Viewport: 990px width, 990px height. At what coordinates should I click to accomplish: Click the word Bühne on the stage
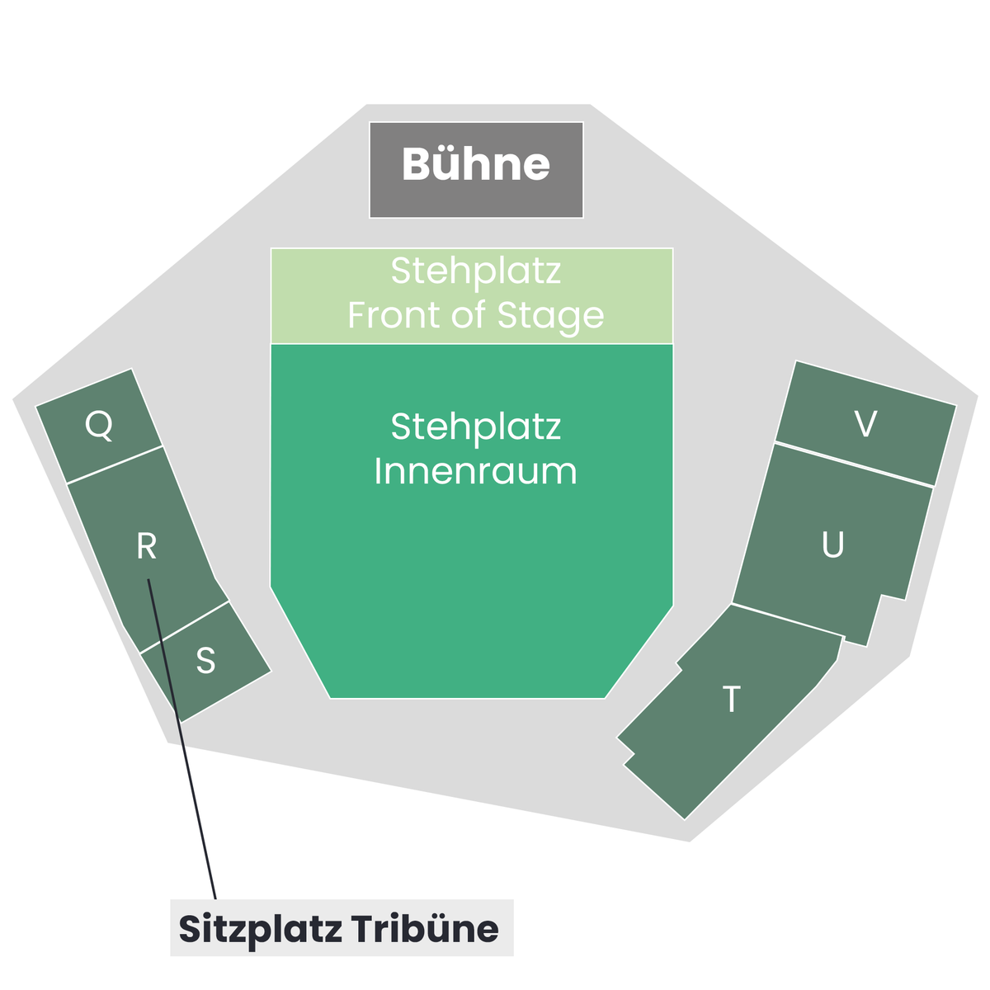coord(475,164)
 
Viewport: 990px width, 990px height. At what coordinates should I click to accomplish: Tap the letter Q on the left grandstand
coord(99,425)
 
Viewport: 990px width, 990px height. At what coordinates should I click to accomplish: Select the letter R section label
coord(146,545)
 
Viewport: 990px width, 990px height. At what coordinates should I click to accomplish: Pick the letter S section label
coord(205,660)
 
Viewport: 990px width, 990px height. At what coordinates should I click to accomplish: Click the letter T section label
coord(731,699)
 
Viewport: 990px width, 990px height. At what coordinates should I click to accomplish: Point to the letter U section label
coord(832,544)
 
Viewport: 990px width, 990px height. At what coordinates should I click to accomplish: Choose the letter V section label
coord(865,424)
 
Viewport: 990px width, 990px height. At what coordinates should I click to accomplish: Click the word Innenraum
coord(475,471)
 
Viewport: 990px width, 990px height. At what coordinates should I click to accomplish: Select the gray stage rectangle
coord(476,170)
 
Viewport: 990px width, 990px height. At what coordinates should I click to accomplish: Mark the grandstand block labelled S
coord(205,662)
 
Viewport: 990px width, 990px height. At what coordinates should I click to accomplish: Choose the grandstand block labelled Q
coord(99,426)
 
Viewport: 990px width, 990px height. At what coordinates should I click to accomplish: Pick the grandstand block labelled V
coord(866,423)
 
